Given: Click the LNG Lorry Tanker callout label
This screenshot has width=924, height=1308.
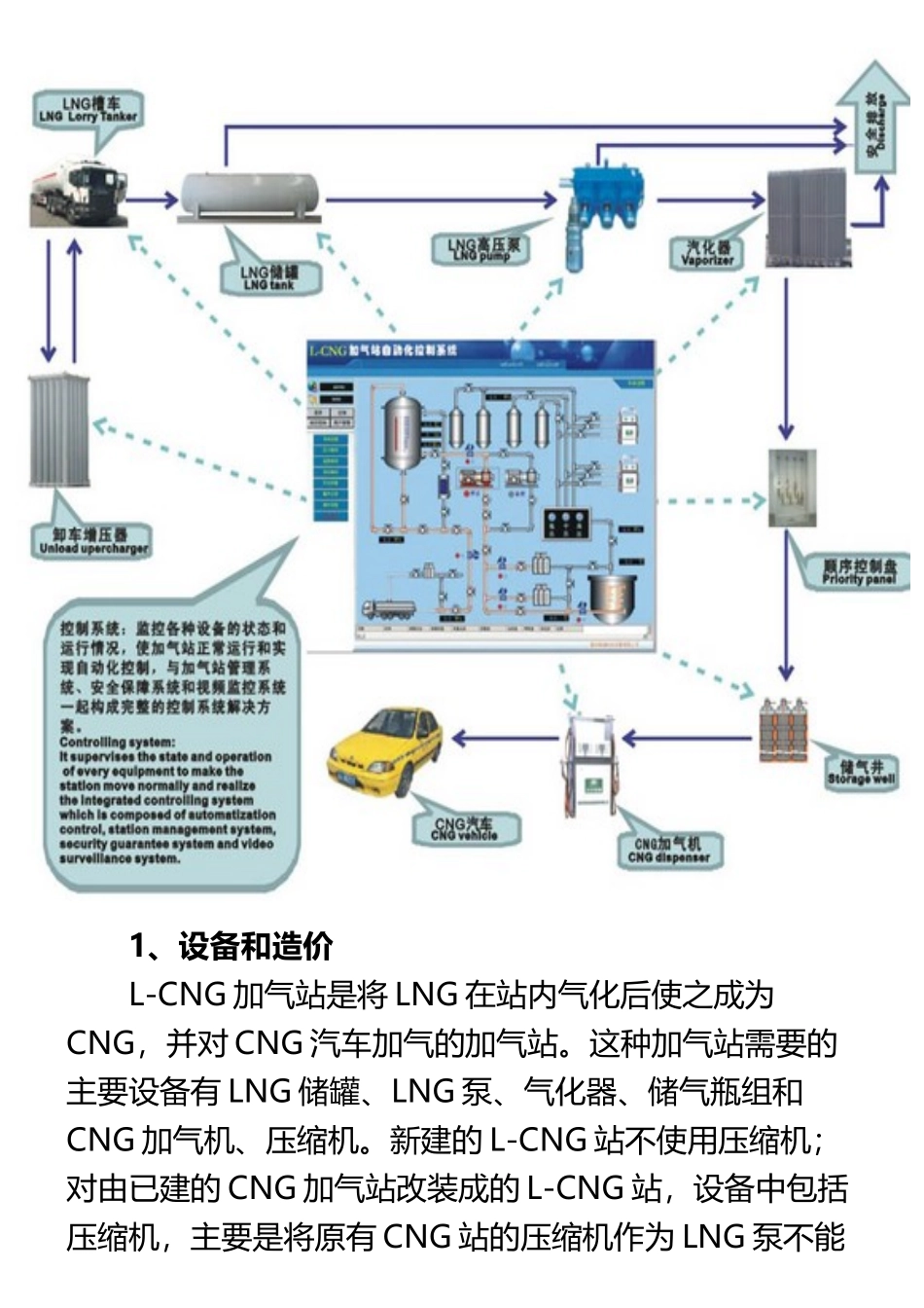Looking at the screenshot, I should click(x=89, y=109).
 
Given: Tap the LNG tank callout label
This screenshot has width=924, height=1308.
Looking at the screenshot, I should click(x=269, y=278).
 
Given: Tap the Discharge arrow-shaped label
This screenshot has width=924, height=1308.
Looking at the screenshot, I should click(x=874, y=122).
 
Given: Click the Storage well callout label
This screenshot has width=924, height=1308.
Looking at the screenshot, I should click(x=861, y=772).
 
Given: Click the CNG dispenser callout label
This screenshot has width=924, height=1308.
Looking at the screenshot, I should click(x=669, y=851).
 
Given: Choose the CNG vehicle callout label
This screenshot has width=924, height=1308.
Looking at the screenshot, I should click(x=464, y=828).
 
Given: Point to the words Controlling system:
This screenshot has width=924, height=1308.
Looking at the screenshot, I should click(x=118, y=742).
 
